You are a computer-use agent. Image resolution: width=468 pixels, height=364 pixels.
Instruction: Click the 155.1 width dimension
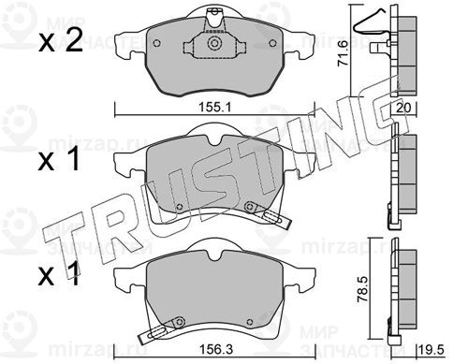pos(214,108)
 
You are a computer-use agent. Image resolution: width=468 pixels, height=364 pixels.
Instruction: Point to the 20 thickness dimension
pos(403,108)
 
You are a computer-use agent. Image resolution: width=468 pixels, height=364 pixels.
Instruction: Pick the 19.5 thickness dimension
pos(431,350)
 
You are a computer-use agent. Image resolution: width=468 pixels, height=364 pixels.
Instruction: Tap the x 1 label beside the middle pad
pos(59,160)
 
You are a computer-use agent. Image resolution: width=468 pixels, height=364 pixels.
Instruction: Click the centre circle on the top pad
pos(214,43)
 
